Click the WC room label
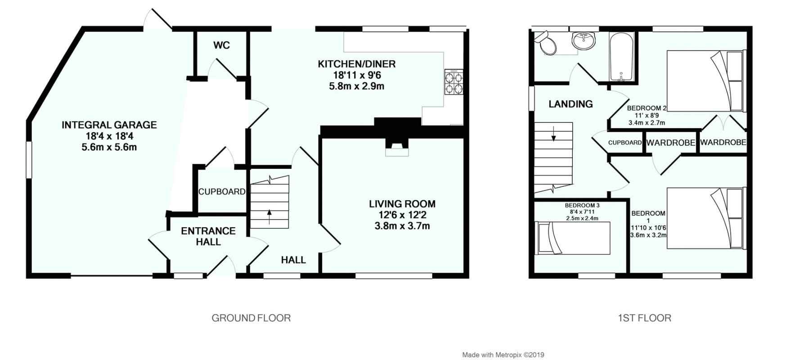pos(221,45)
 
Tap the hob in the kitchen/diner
pos(454,82)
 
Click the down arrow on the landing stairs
pos(553,134)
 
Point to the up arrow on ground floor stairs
pos(269,216)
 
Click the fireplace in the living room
pos(396,146)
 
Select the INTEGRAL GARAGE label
pos(109,125)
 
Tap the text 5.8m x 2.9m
pos(356,86)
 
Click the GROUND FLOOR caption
pos(251,318)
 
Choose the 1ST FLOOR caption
pos(644,318)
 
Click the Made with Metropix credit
pos(503,355)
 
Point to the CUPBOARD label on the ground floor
pos(222,192)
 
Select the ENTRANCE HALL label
pos(208,236)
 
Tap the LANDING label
pos(570,104)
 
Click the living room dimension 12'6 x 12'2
pos(402,215)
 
